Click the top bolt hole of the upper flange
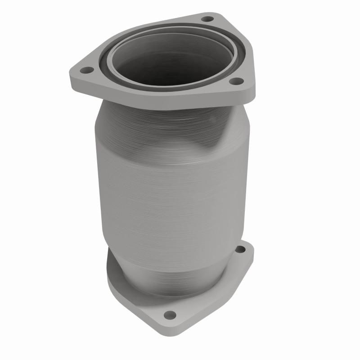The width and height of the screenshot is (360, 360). click(x=207, y=19)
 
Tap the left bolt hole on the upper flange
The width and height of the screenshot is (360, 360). click(x=86, y=70)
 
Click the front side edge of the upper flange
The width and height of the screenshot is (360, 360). click(x=157, y=103)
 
